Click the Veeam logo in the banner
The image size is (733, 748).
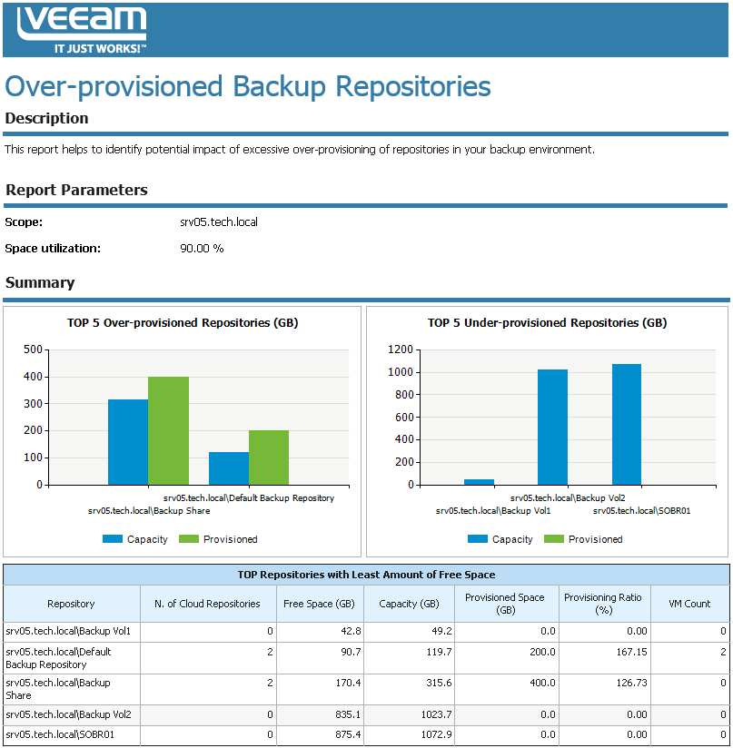coord(82,29)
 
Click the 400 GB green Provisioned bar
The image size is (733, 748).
coord(168,430)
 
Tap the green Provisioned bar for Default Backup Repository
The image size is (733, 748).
coord(269,458)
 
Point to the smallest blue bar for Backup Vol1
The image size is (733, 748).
coord(479,482)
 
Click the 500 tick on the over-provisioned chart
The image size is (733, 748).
coord(32,349)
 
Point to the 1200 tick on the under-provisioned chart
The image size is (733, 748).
coord(400,349)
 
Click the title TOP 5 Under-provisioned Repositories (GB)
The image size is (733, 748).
coord(547,323)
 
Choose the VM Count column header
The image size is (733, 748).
coord(689,604)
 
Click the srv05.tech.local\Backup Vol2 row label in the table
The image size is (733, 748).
coord(68,714)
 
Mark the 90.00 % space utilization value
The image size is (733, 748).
coord(202,248)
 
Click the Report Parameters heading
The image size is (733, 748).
coord(76,191)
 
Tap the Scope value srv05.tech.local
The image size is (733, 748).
coord(219,221)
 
